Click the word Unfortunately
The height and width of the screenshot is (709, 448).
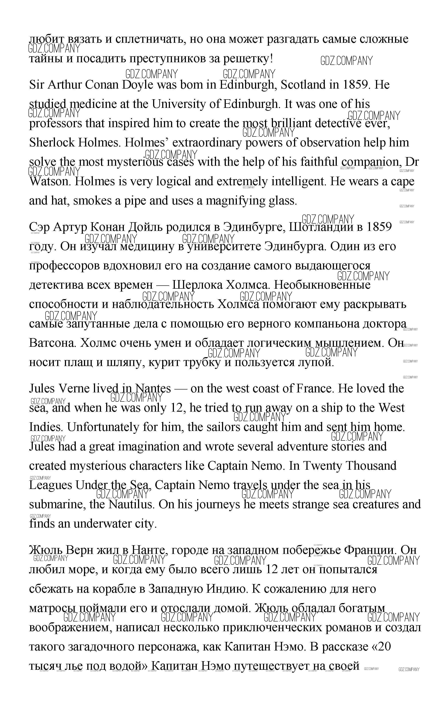84,427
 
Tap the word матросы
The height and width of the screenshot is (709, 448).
52,608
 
